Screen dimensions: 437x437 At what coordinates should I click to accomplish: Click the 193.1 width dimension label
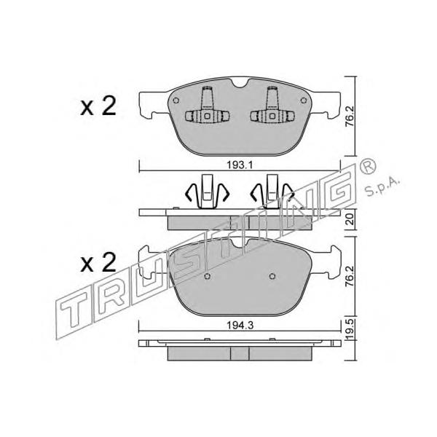(240, 165)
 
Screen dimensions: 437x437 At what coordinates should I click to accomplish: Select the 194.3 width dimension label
(240, 326)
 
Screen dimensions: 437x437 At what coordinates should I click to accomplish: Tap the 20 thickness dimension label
(350, 219)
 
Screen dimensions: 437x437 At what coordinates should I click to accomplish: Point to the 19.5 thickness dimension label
(350, 329)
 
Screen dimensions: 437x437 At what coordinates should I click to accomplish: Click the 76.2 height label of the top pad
(350, 116)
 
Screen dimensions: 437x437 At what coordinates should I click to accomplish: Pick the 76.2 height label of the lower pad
(350, 276)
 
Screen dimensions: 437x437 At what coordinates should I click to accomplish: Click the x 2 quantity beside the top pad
(98, 106)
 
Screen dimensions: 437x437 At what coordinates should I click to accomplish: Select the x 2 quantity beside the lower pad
(98, 262)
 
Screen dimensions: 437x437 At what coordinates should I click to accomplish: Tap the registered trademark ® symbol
(368, 166)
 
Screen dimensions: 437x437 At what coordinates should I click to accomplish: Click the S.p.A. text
(382, 188)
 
